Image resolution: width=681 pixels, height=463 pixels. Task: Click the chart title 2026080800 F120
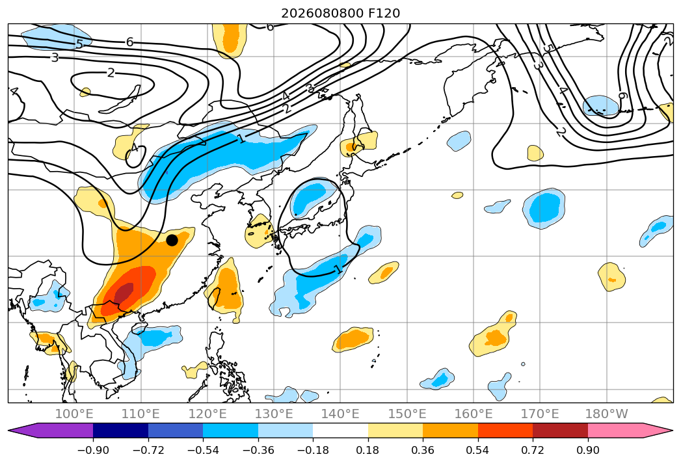pos(341,13)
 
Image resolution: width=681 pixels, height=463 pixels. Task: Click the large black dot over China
pos(172,240)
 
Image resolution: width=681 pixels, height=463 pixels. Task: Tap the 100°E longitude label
pos(74,414)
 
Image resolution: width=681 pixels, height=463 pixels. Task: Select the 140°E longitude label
pos(340,414)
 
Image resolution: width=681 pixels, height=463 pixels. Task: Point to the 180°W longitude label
pos(606,414)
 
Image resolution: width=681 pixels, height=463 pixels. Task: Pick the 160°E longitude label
pos(474,414)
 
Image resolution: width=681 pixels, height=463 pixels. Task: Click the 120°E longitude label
pos(207,414)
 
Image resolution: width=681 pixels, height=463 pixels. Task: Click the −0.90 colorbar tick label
pos(93,450)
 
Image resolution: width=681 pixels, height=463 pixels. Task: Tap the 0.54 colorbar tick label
pos(478,450)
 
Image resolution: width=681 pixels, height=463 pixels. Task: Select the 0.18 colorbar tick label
pos(367,450)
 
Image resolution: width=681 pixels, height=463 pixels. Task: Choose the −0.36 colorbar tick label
pos(258,450)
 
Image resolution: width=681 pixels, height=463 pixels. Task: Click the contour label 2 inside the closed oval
pos(111,73)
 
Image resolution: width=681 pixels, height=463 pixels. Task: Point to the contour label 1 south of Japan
pos(339,269)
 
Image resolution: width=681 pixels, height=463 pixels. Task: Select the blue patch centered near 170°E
pos(544,209)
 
